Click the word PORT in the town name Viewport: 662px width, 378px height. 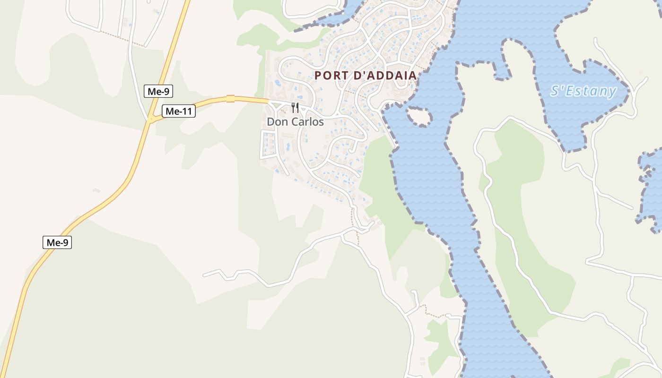(329, 76)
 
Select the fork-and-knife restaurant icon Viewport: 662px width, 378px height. (295, 108)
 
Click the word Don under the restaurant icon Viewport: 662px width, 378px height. (277, 122)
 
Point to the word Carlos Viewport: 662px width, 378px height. (307, 122)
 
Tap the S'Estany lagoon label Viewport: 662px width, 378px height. (584, 91)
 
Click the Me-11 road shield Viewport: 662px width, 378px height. (179, 112)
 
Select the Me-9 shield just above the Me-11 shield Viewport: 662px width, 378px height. (158, 91)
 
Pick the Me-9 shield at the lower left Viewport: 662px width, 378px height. (57, 243)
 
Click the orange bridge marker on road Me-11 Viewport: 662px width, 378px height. (230, 99)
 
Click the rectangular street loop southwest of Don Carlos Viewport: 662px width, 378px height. (268, 144)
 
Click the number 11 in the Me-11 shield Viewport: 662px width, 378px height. (186, 112)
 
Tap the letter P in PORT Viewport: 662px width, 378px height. (318, 76)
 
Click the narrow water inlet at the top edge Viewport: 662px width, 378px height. (331, 19)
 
